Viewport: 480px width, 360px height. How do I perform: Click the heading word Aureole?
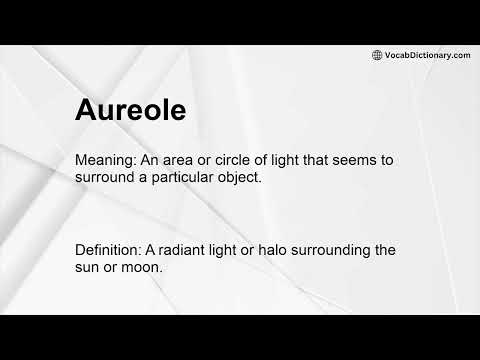click(x=130, y=110)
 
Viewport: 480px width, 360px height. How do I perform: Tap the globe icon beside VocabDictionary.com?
click(x=377, y=55)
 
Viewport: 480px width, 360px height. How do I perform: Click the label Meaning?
click(x=107, y=160)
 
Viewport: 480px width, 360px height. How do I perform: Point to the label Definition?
click(x=112, y=250)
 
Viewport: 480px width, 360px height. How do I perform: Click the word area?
click(x=185, y=160)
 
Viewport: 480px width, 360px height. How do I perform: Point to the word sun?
click(x=90, y=267)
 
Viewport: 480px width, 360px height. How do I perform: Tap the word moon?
click(x=143, y=267)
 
